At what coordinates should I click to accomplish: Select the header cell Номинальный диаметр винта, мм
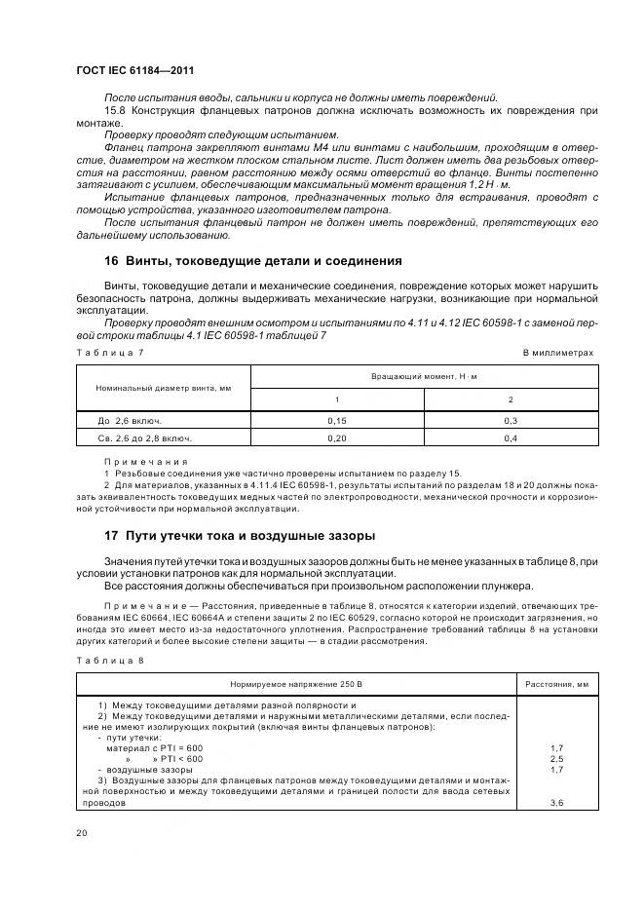click(164, 388)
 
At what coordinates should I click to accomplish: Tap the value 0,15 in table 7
click(337, 421)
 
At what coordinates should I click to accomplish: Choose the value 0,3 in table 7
click(511, 421)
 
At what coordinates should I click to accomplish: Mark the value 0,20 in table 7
click(337, 439)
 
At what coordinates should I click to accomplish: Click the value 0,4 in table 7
click(511, 439)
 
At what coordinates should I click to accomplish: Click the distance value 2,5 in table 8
click(556, 758)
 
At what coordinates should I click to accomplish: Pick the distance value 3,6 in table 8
click(556, 802)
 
